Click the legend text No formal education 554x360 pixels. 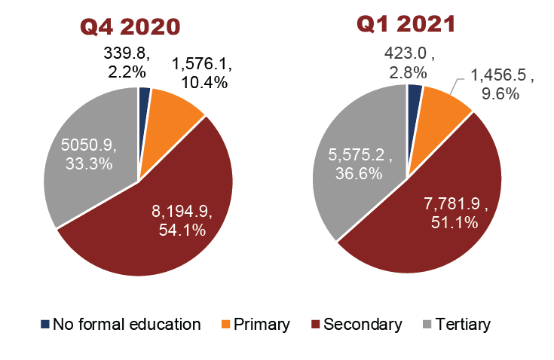[127, 325]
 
